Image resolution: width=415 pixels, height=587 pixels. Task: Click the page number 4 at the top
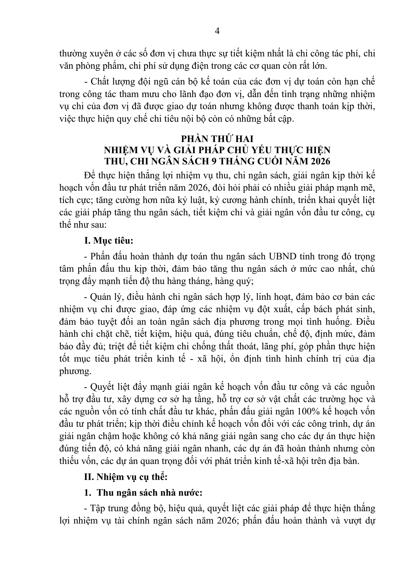(217, 31)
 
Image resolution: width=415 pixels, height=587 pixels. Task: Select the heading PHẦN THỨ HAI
(217, 139)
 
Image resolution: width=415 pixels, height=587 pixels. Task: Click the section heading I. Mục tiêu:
(109, 241)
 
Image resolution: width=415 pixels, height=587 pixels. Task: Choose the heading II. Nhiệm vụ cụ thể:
(126, 477)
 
